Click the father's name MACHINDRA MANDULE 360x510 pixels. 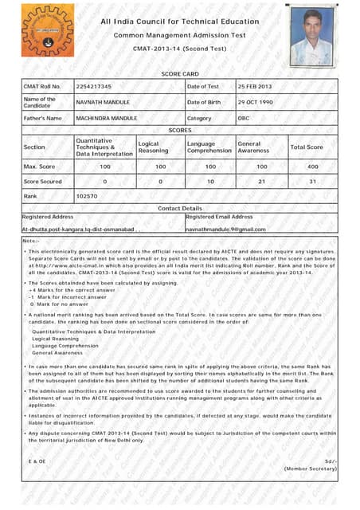coord(107,118)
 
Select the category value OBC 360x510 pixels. coord(244,118)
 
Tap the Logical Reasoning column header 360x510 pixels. coord(153,147)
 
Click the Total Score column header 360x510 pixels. coord(307,147)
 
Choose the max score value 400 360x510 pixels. coord(313,167)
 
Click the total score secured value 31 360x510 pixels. coord(313,182)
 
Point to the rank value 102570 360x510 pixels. coord(87,195)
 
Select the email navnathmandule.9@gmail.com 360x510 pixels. coord(225,229)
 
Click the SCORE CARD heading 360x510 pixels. coord(180,74)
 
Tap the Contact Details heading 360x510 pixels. coord(180,208)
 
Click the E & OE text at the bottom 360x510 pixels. coord(37,461)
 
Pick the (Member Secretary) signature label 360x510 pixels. coord(311,469)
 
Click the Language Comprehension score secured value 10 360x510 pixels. coord(210,182)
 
